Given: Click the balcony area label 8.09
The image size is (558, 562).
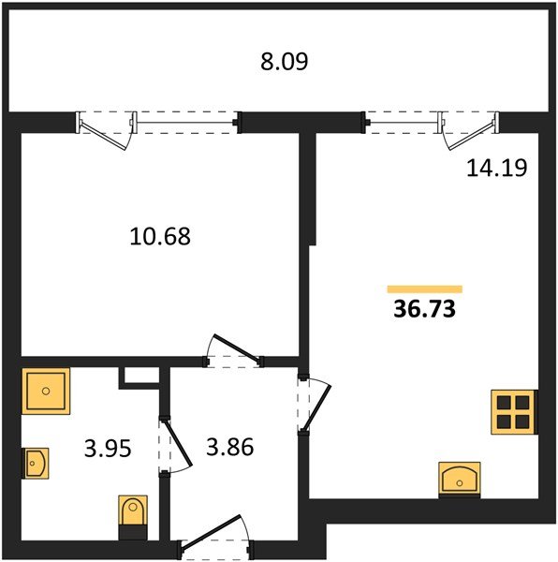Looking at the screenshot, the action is tap(284, 62).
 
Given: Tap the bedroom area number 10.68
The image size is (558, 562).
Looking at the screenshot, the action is tap(160, 237).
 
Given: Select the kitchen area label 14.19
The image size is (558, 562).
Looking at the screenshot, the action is tap(497, 168).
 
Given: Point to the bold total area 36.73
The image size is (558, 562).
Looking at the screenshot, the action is tap(424, 309).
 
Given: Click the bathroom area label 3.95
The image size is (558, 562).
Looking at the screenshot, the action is tap(108, 449).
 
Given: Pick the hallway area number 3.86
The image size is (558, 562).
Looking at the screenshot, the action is tap(230, 447).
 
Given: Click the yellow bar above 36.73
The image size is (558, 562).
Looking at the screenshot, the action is tap(425, 289).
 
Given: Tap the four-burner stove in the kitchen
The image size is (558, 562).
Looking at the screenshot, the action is tap(513, 412).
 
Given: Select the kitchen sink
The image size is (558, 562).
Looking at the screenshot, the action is tap(460, 479).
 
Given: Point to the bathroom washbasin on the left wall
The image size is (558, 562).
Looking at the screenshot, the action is tap(36, 463).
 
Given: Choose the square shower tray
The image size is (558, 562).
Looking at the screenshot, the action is tap(46, 391).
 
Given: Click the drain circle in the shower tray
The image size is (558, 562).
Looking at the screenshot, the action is tap(46, 391).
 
